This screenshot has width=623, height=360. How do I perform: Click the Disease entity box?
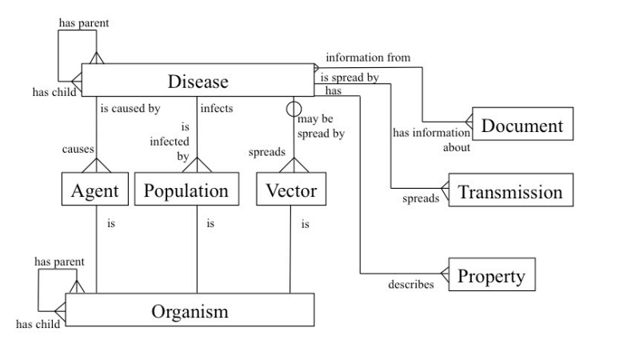pyautogui.click(x=198, y=82)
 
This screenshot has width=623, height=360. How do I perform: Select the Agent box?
pyautogui.click(x=95, y=190)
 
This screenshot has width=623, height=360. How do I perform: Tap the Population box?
pyautogui.click(x=186, y=190)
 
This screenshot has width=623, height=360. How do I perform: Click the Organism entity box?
pyautogui.click(x=190, y=310)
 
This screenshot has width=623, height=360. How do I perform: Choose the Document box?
pyautogui.click(x=522, y=125)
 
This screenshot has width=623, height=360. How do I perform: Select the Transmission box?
pyautogui.click(x=510, y=192)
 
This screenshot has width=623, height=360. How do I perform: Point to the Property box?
pyautogui.click(x=491, y=276)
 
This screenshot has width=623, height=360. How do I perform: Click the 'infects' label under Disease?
pyautogui.click(x=218, y=107)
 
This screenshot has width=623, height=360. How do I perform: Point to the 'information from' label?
pyautogui.click(x=367, y=58)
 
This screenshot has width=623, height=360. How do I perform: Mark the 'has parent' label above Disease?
pyautogui.click(x=84, y=22)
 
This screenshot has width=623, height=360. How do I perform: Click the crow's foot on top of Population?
pyautogui.click(x=196, y=165)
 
